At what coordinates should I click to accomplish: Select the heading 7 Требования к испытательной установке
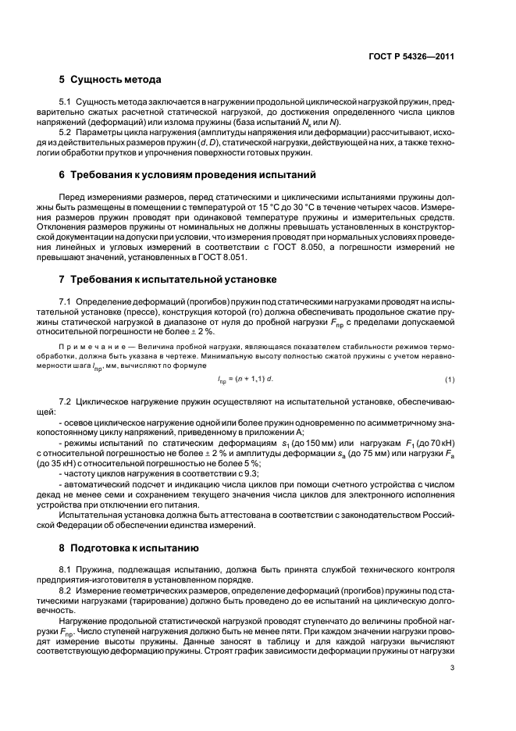(x=166, y=279)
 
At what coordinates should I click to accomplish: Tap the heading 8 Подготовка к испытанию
(x=130, y=548)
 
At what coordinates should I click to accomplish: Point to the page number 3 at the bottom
(x=452, y=667)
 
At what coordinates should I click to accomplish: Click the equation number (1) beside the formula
(x=450, y=379)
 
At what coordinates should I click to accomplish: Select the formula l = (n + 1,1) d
(x=245, y=380)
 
